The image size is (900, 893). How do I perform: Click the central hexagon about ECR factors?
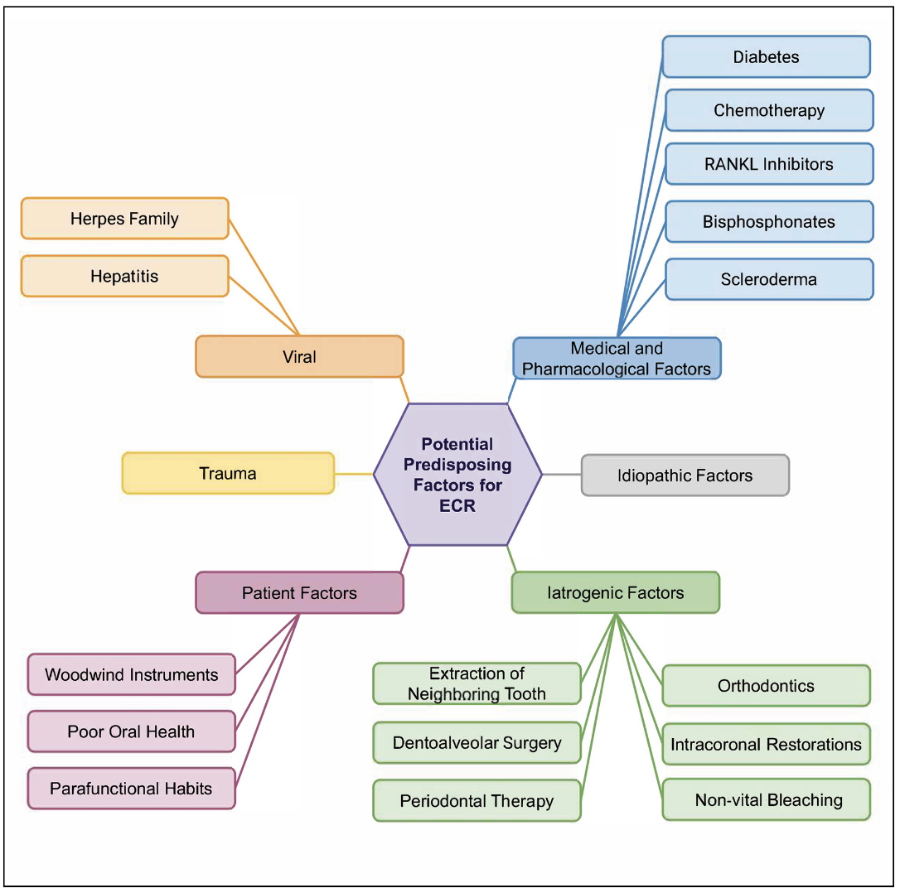(x=457, y=475)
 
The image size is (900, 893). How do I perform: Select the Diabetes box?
(x=766, y=57)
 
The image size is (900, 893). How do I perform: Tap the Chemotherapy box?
(x=769, y=110)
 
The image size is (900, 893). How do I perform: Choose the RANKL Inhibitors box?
(x=769, y=164)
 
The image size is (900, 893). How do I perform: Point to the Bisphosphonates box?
(x=769, y=222)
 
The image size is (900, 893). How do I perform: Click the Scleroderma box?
(x=769, y=279)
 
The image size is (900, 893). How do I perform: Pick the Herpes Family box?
(x=124, y=219)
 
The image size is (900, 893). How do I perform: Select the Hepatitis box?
(x=124, y=276)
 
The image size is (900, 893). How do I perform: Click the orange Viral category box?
(x=299, y=357)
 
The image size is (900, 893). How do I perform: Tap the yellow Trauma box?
(x=228, y=474)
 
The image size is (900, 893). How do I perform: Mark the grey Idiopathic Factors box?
(x=685, y=475)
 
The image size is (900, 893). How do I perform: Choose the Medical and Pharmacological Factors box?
(x=617, y=359)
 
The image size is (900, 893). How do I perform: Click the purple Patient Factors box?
(x=299, y=593)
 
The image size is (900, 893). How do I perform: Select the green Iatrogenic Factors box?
(x=615, y=593)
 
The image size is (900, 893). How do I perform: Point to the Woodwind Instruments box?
(x=131, y=674)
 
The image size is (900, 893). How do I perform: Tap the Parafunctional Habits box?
(x=131, y=789)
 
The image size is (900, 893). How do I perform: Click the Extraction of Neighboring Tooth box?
(x=477, y=683)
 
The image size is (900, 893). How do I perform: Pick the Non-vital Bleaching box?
(x=767, y=800)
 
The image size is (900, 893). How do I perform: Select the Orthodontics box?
(x=766, y=686)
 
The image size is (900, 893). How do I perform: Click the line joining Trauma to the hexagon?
(x=354, y=475)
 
